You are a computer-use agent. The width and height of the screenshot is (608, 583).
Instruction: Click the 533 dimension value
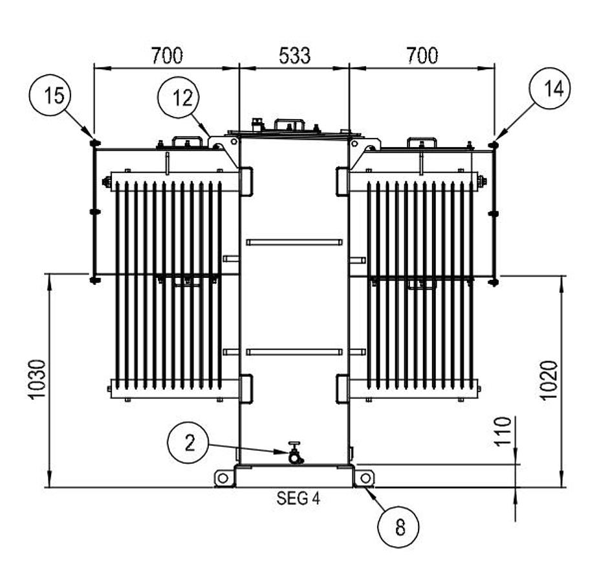point(295,56)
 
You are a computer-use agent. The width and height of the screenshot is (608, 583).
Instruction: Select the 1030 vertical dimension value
point(38,379)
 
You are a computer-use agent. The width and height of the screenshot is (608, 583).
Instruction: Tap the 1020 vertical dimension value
point(549,380)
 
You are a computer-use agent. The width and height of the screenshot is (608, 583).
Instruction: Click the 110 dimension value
point(503,431)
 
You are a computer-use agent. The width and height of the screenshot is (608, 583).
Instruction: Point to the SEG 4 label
point(299,498)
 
